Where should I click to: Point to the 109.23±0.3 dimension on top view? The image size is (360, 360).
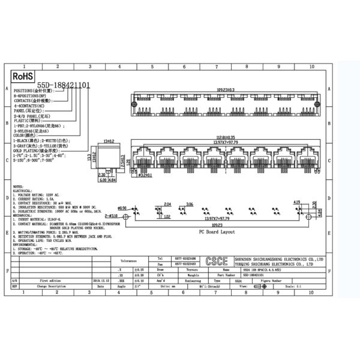point(226,89)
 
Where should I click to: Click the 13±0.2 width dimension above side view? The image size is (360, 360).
point(109,141)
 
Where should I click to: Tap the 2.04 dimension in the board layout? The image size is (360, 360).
point(168,205)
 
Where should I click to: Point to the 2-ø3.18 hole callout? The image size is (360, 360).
point(113,214)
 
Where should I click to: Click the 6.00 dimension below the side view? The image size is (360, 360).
point(103,179)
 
